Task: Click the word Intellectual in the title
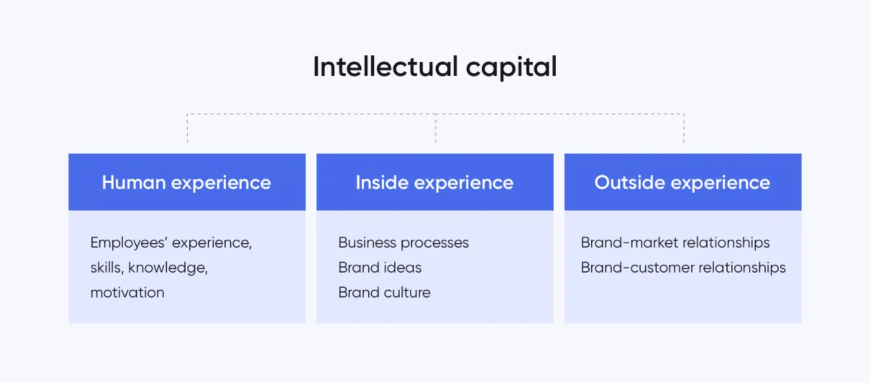385,67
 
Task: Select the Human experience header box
186,182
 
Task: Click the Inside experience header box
435,182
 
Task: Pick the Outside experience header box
683,182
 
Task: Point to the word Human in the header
133,182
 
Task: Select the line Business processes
403,243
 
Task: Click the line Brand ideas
380,268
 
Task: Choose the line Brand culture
384,293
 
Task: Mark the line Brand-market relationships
675,243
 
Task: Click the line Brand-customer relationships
683,268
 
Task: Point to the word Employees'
129,243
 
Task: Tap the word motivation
127,293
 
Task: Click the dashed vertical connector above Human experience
187,129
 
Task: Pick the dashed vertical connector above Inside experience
435,129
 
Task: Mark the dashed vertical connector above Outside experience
684,129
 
